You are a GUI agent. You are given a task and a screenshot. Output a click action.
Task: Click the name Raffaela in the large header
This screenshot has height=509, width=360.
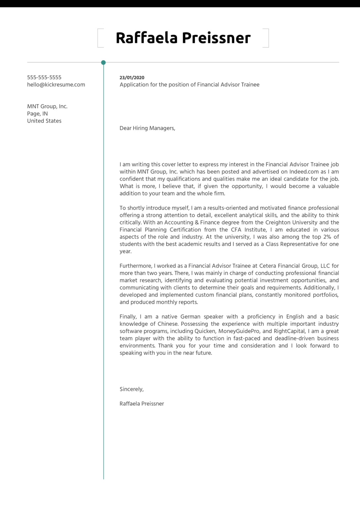point(147,38)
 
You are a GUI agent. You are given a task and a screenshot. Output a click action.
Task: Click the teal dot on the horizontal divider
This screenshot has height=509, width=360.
point(103,62)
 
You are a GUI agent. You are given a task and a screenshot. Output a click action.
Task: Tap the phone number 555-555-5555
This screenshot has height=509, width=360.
point(44,77)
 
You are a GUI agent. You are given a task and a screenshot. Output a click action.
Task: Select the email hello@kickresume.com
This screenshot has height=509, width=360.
point(56,85)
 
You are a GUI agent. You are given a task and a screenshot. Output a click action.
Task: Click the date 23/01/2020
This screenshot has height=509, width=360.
point(132,78)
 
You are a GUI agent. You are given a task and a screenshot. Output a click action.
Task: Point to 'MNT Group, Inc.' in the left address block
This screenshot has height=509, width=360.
point(47,106)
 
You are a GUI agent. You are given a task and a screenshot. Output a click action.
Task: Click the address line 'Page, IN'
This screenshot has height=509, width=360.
point(37,114)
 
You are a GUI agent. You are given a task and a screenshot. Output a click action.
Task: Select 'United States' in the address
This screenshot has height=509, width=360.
point(44,121)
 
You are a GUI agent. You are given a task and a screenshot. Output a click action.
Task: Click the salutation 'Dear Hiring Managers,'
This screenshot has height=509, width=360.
point(147,128)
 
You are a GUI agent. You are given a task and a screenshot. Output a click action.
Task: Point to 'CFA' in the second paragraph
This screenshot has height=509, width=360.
point(236,230)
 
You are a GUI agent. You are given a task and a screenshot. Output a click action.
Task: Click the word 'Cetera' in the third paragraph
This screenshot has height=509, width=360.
point(268,266)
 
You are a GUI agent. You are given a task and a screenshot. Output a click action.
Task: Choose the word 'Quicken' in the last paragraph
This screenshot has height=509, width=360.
point(205,331)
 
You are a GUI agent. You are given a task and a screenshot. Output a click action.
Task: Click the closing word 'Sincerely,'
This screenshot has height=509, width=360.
point(132,389)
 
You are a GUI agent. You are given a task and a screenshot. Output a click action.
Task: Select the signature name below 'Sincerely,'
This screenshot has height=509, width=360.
point(142,404)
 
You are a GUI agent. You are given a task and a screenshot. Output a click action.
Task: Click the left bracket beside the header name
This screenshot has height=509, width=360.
point(99,38)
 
